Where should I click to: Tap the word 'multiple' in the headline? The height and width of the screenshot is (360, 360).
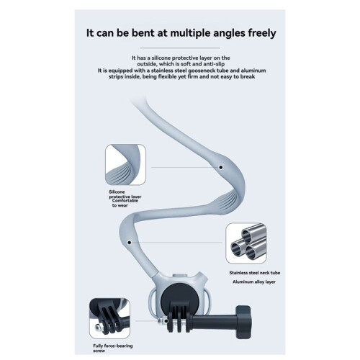[x=189, y=33]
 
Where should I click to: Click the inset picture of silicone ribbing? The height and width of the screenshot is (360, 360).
[x=125, y=165]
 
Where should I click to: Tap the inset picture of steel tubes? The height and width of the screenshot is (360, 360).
[x=246, y=243]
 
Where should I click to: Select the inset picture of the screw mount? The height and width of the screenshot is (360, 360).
[x=109, y=318]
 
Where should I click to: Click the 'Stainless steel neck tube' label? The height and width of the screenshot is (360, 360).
[x=255, y=273]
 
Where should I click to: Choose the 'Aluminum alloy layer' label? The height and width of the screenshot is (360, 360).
[x=254, y=282]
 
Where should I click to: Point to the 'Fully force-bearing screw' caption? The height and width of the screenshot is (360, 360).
[x=113, y=348]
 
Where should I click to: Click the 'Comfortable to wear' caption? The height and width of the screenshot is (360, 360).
[x=125, y=203]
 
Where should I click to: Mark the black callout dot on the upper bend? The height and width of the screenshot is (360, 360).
[x=221, y=167]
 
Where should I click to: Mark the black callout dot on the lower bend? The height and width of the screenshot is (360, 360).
[x=130, y=243]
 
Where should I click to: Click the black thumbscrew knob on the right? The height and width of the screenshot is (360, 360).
[x=243, y=322]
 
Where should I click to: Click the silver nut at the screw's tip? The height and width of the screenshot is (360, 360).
[x=163, y=321]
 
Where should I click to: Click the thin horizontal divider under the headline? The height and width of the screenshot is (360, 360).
[x=180, y=48]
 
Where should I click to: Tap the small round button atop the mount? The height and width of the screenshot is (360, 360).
[x=178, y=276]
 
